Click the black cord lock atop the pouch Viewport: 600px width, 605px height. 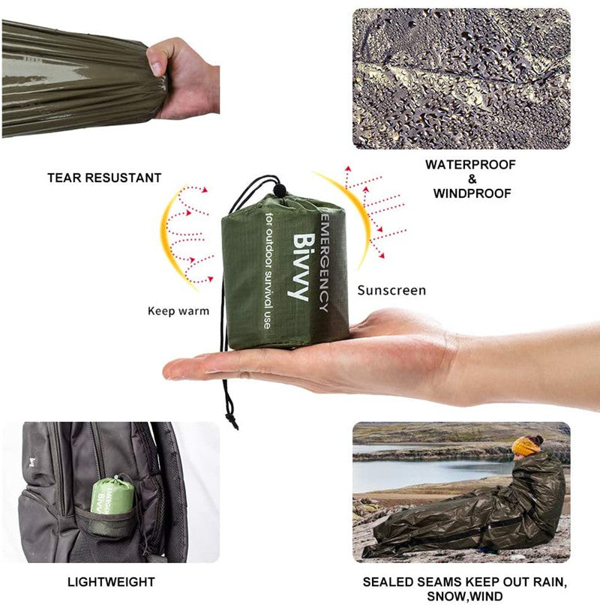pos(279,190)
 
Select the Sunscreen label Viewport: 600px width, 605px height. pos(391,290)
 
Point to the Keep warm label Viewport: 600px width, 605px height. pos(178,310)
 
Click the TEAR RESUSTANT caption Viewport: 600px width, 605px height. pos(104,178)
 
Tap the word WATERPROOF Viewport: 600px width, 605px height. pos(471,164)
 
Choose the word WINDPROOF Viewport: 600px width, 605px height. pos(472,193)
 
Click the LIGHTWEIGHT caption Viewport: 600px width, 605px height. pos(111,582)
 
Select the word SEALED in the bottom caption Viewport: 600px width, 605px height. pos(385,582)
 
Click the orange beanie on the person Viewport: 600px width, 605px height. pos(527,446)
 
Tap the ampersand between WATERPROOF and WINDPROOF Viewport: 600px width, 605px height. pos(472,179)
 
